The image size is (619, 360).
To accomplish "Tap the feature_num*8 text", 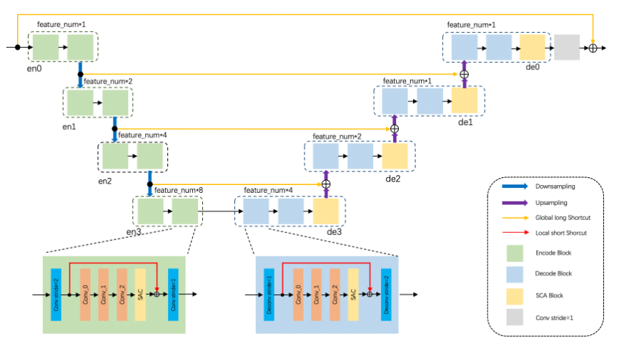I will pos(178,190).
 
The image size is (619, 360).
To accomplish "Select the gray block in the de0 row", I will pos(566,47).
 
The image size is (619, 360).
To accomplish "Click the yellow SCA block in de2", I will pos(395,156).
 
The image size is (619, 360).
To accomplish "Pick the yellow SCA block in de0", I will pos(533,47).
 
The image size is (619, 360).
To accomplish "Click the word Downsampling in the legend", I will pos(555,186).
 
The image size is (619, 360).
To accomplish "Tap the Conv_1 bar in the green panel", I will pos(104,294).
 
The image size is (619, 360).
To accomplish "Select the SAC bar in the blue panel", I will pos(352,294).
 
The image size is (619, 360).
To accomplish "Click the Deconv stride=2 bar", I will pos(387,294).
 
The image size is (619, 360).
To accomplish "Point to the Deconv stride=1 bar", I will pos(269,294).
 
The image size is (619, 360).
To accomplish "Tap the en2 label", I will pos(105,181).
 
